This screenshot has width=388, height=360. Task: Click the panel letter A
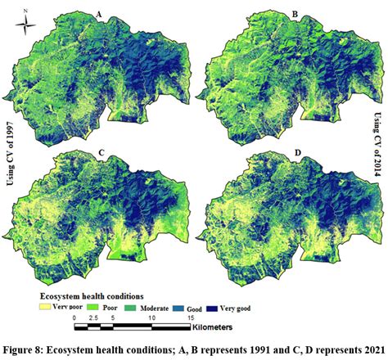coord(99,15)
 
